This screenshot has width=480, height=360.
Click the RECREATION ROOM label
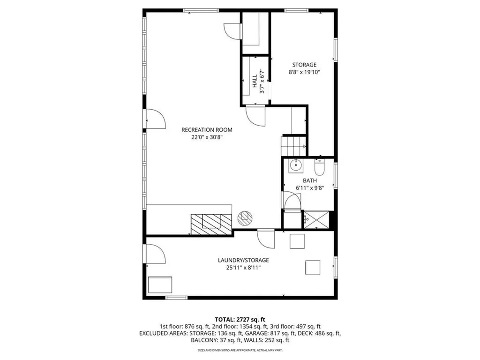207,130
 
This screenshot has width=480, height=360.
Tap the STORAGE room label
304,65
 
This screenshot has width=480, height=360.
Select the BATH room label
309,180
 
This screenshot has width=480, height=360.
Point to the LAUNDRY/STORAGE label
243,260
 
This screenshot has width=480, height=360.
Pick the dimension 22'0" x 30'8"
207,137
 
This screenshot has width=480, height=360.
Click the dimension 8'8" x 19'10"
304,73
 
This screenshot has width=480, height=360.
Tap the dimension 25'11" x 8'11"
243,268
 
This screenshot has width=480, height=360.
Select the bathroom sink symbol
295,165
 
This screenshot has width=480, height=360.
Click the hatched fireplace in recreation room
211,224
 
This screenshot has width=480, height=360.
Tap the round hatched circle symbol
245,217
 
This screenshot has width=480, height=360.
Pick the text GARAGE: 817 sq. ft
273,333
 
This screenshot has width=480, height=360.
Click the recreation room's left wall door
155,119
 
